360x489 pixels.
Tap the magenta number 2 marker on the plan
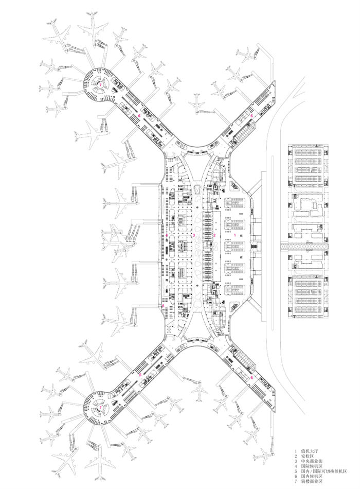pos(214,235)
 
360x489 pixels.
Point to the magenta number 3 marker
pos(193,235)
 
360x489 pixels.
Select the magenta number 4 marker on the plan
pos(167,235)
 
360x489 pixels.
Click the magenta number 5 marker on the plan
pos(163,306)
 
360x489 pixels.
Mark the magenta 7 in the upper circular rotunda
pos(100,84)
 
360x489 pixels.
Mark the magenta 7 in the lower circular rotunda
pos(100,407)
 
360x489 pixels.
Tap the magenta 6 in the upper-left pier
pos(139,116)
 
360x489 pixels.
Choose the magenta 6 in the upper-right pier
pos(251,116)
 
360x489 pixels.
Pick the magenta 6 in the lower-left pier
pos(139,375)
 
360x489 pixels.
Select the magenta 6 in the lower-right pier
pos(251,377)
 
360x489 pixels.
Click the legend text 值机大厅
pos(310,451)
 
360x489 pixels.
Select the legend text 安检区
pos(308,457)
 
